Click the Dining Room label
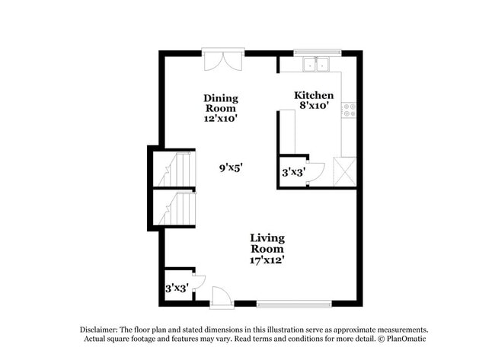point(220,103)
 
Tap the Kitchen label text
point(314,95)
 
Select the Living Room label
point(267,244)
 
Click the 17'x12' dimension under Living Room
point(267,260)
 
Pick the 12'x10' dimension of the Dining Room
point(220,119)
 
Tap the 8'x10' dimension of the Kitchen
point(313,106)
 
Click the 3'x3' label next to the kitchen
point(293,173)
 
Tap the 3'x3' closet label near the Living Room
point(177,288)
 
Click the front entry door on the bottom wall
point(221,297)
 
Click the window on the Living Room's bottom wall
point(293,304)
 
